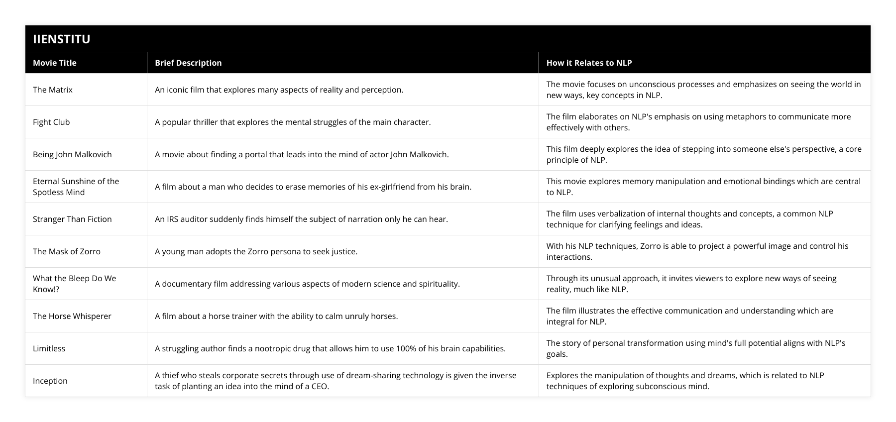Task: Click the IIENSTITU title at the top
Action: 61,39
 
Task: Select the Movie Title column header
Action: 55,63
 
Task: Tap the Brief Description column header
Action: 188,63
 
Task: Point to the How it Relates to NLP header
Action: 589,63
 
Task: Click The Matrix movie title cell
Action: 53,90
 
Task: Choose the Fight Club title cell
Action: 51,122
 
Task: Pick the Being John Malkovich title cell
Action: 72,154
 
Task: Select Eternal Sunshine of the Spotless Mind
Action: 76,187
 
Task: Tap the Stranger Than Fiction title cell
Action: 72,219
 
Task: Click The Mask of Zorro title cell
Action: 67,251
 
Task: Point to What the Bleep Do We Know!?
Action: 74,284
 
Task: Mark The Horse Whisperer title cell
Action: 72,316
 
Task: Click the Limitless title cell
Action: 49,348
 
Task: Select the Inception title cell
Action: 50,381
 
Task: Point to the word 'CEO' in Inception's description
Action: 320,386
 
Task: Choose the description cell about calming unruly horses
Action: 276,316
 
